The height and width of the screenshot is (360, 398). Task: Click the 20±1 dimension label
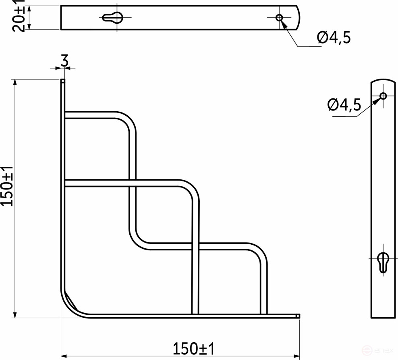[x=19, y=17]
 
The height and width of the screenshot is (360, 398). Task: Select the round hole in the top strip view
[x=279, y=17]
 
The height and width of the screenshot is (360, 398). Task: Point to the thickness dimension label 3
[x=63, y=61]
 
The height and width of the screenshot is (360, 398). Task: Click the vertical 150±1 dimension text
[x=8, y=186]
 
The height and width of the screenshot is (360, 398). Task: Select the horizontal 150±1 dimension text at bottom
[x=193, y=348]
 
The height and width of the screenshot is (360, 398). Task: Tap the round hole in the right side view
[x=383, y=96]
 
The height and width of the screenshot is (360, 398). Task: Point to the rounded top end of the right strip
[x=383, y=82]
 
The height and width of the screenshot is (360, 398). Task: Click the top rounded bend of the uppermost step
[x=128, y=119]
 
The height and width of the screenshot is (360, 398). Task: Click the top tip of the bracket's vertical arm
[x=63, y=80]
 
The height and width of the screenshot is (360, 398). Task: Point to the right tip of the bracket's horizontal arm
[x=298, y=316]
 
